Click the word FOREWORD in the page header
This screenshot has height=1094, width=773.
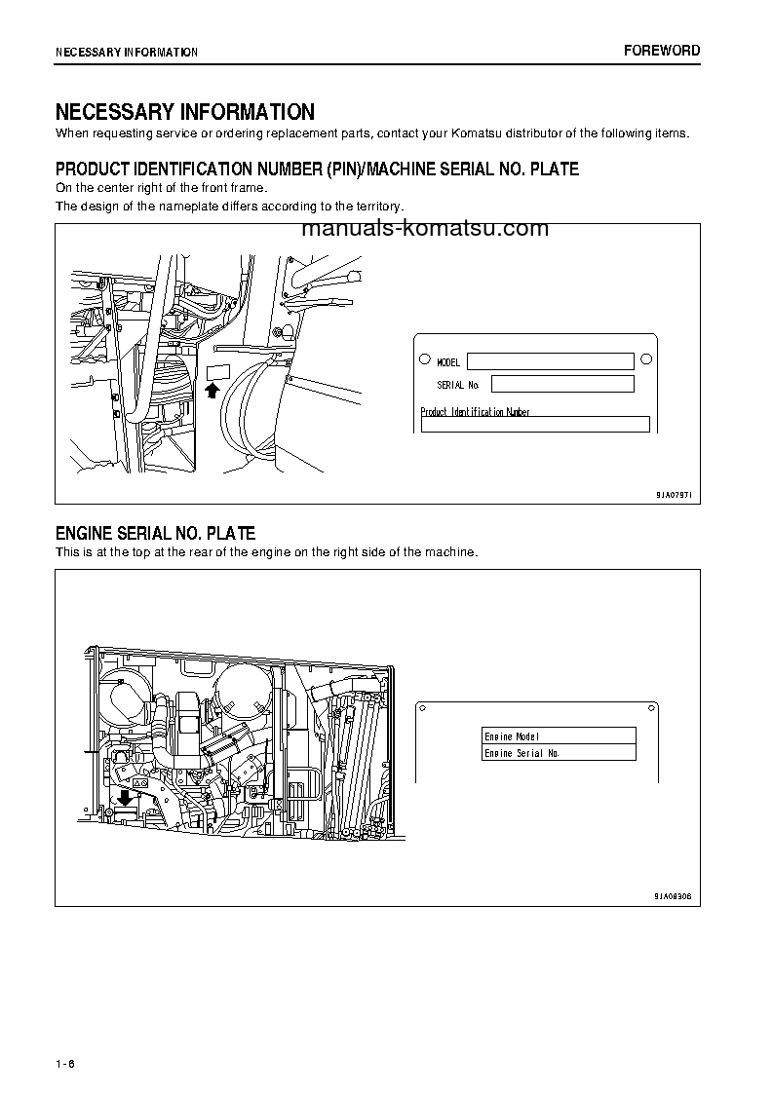pos(661,51)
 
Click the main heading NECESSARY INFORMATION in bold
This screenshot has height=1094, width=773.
pos(184,112)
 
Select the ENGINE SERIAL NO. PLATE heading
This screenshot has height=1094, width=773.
pos(155,534)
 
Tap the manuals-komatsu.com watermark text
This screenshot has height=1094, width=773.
pos(426,229)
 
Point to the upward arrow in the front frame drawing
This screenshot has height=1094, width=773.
pos(214,391)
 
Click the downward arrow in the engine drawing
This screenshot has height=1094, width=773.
pos(124,798)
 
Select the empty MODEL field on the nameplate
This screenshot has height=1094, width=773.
pos(550,361)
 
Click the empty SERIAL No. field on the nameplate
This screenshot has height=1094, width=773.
pos(562,384)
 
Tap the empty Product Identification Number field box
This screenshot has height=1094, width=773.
pos(534,425)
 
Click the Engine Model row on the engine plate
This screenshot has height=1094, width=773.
pos(559,736)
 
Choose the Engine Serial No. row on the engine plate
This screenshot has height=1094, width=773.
pos(559,753)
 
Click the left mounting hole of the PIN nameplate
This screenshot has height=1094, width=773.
pos(425,359)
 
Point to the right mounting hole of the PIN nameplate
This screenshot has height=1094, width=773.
pos(644,359)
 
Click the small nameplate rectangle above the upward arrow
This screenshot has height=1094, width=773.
pos(216,371)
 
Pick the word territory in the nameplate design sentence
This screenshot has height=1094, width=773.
pos(374,207)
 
